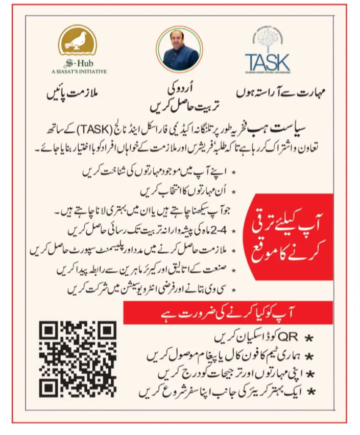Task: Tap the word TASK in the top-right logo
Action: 267,63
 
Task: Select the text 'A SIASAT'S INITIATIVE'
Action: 79,71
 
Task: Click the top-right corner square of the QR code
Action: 107,329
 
